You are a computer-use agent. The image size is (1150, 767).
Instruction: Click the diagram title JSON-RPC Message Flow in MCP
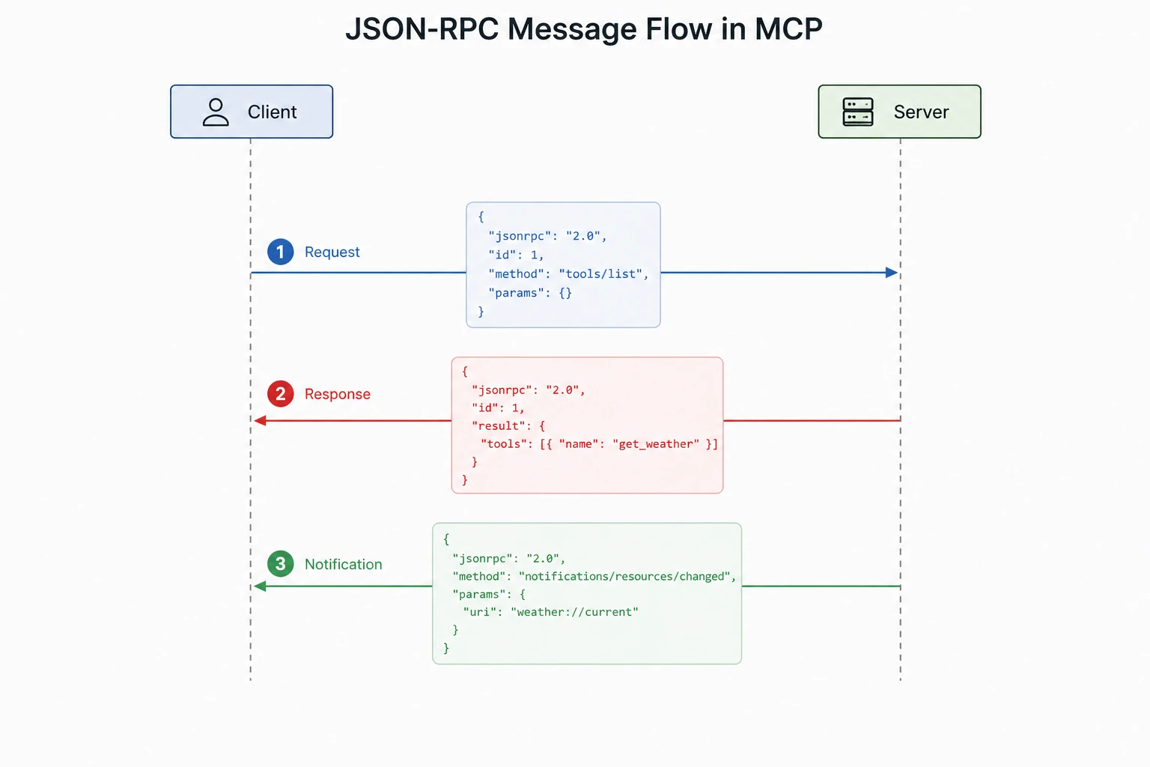coord(583,30)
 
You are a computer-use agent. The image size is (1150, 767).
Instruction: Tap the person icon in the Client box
coord(216,112)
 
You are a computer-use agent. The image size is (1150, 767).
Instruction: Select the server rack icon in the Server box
coord(857,112)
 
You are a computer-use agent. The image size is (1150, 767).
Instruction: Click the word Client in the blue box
coord(272,112)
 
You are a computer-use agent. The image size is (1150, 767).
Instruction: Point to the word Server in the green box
coord(921,112)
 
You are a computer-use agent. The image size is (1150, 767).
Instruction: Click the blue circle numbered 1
coord(280,252)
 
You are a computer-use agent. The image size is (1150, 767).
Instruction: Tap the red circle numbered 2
coord(280,394)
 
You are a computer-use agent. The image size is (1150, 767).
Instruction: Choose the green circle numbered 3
coord(280,564)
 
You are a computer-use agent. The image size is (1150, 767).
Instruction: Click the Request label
coord(332,252)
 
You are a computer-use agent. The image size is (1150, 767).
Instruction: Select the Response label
coord(337,395)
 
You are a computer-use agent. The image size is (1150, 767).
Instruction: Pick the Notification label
coord(343,565)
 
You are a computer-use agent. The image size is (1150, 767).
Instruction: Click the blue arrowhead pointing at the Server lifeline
coord(891,273)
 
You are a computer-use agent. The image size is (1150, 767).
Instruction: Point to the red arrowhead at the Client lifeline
coord(261,421)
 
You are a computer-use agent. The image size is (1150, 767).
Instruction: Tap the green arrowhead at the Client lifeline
coord(261,586)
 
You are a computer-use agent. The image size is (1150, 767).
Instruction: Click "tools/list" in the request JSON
coord(600,274)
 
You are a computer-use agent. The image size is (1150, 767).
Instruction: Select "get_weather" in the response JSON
coord(655,444)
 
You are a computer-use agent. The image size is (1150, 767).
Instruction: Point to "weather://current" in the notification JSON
coord(574,613)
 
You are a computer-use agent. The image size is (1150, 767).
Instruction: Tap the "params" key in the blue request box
coord(516,293)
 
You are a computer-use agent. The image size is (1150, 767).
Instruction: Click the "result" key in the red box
coord(502,426)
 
